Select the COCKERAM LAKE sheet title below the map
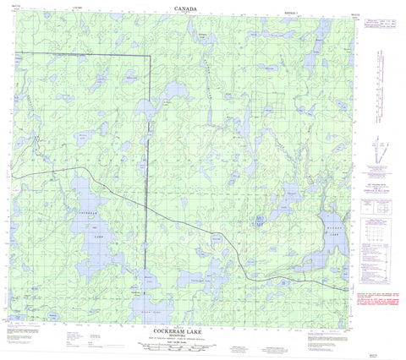(186, 331)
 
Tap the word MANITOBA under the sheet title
(186, 337)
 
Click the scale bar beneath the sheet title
(186, 346)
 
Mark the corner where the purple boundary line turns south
(149, 56)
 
